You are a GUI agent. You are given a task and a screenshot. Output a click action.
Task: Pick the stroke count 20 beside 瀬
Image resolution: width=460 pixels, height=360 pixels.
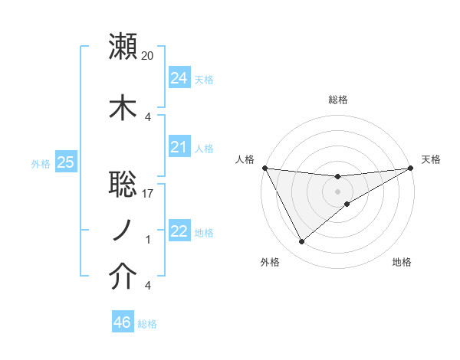pos(148,55)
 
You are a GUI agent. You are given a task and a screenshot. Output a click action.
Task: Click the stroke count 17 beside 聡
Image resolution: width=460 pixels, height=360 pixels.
pos(148,194)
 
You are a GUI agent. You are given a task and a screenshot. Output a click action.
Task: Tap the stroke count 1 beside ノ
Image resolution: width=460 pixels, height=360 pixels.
pos(148,240)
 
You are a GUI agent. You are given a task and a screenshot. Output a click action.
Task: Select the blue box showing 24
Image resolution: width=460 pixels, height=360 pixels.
pos(179,78)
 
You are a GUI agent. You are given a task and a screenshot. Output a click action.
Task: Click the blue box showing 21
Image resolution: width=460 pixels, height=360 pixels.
pos(179,147)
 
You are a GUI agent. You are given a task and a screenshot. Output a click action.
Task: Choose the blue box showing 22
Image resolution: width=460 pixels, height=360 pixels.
pos(179,231)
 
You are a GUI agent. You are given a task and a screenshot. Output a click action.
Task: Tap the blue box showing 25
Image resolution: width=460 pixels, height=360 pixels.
pos(65,162)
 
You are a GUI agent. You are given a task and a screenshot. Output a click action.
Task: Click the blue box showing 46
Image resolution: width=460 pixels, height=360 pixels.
pos(122,322)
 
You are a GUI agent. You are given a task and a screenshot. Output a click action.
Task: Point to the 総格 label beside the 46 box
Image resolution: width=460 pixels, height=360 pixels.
pos(147,324)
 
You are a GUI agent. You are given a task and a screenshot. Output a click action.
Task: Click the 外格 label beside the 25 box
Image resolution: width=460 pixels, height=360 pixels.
pos(41,163)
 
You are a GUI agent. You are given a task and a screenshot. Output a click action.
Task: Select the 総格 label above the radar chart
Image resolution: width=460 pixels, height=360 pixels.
pos(337,100)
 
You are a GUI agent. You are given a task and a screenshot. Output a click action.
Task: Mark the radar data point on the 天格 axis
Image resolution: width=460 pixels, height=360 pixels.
pos(411,168)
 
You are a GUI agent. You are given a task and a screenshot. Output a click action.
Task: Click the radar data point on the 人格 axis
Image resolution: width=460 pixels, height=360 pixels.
pos(264,168)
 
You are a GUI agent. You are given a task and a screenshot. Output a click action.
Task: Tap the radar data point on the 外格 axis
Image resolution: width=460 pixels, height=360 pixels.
pos(301,242)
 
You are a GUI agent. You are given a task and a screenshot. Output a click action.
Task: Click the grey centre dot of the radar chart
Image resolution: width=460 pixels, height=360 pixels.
pos(337,191)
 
